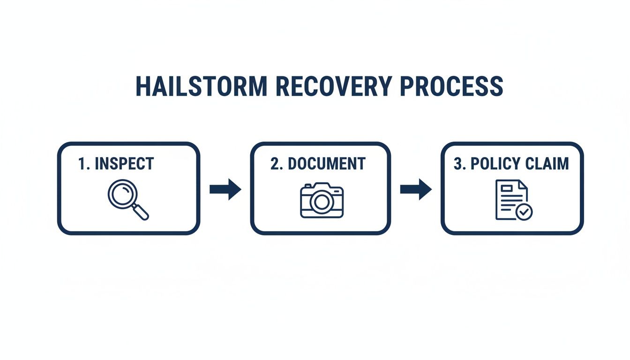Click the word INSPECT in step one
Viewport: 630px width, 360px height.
point(124,164)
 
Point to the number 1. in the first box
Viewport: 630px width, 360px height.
point(84,164)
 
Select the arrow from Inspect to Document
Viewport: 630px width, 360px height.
point(225,189)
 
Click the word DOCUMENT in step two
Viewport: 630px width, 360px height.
point(326,164)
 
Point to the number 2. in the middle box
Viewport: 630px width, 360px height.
point(277,164)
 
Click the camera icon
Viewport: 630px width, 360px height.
point(322,201)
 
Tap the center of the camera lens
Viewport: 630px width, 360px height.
point(322,202)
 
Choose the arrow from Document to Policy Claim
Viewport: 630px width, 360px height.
point(415,189)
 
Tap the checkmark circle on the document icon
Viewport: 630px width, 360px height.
point(524,212)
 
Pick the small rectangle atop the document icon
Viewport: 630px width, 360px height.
point(507,188)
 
